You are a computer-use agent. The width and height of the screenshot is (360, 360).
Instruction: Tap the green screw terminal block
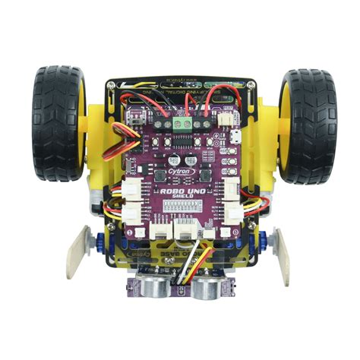click(182, 120)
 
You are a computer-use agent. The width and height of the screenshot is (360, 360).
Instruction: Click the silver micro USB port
click(238, 137)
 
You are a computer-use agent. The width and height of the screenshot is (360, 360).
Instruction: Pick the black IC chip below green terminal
click(182, 137)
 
